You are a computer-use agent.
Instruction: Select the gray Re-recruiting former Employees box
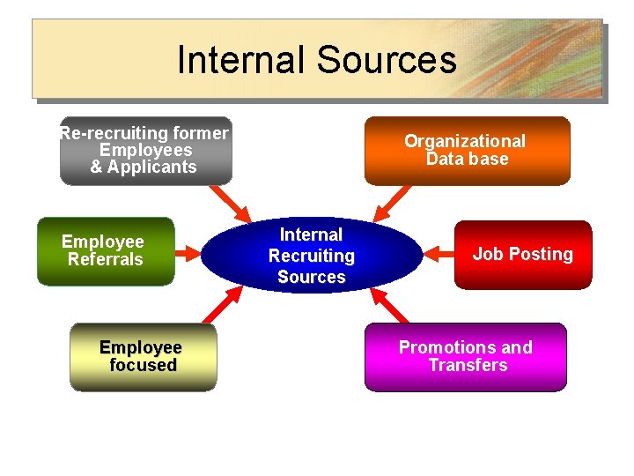point(145,151)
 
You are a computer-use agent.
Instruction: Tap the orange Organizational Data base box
point(467,151)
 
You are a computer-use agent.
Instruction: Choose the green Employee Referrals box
point(106,251)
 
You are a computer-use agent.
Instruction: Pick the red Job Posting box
point(523,255)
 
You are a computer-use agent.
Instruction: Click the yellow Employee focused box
point(143,357)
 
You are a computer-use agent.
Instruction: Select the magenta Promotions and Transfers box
point(466,357)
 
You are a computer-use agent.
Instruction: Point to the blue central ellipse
point(312,256)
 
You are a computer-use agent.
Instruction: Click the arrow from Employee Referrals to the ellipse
point(188,255)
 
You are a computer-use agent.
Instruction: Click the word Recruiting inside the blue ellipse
point(312,256)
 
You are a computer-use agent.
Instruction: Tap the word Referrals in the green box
point(106,260)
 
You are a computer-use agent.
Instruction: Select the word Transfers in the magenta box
point(468,365)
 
